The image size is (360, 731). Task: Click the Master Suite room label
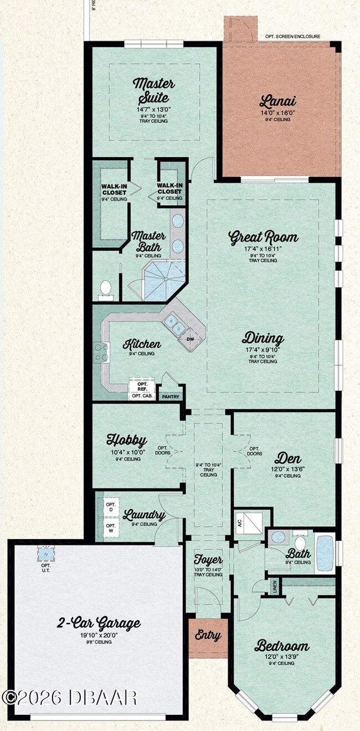(x=153, y=91)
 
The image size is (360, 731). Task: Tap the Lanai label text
(x=277, y=101)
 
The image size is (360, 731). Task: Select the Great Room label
(x=263, y=237)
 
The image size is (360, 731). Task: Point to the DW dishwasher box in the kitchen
(x=190, y=339)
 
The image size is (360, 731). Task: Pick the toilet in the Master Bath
(x=105, y=288)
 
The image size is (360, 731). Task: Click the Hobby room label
(x=126, y=441)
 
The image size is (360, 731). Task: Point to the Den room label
(x=287, y=458)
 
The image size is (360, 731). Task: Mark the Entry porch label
(x=208, y=636)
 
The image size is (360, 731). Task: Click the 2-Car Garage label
(x=99, y=623)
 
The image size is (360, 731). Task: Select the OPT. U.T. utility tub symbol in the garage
(x=45, y=554)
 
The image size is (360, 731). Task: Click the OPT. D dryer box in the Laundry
(x=110, y=507)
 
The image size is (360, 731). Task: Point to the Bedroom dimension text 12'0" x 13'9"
(x=281, y=657)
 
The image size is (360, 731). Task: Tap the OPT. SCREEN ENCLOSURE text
(x=292, y=37)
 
